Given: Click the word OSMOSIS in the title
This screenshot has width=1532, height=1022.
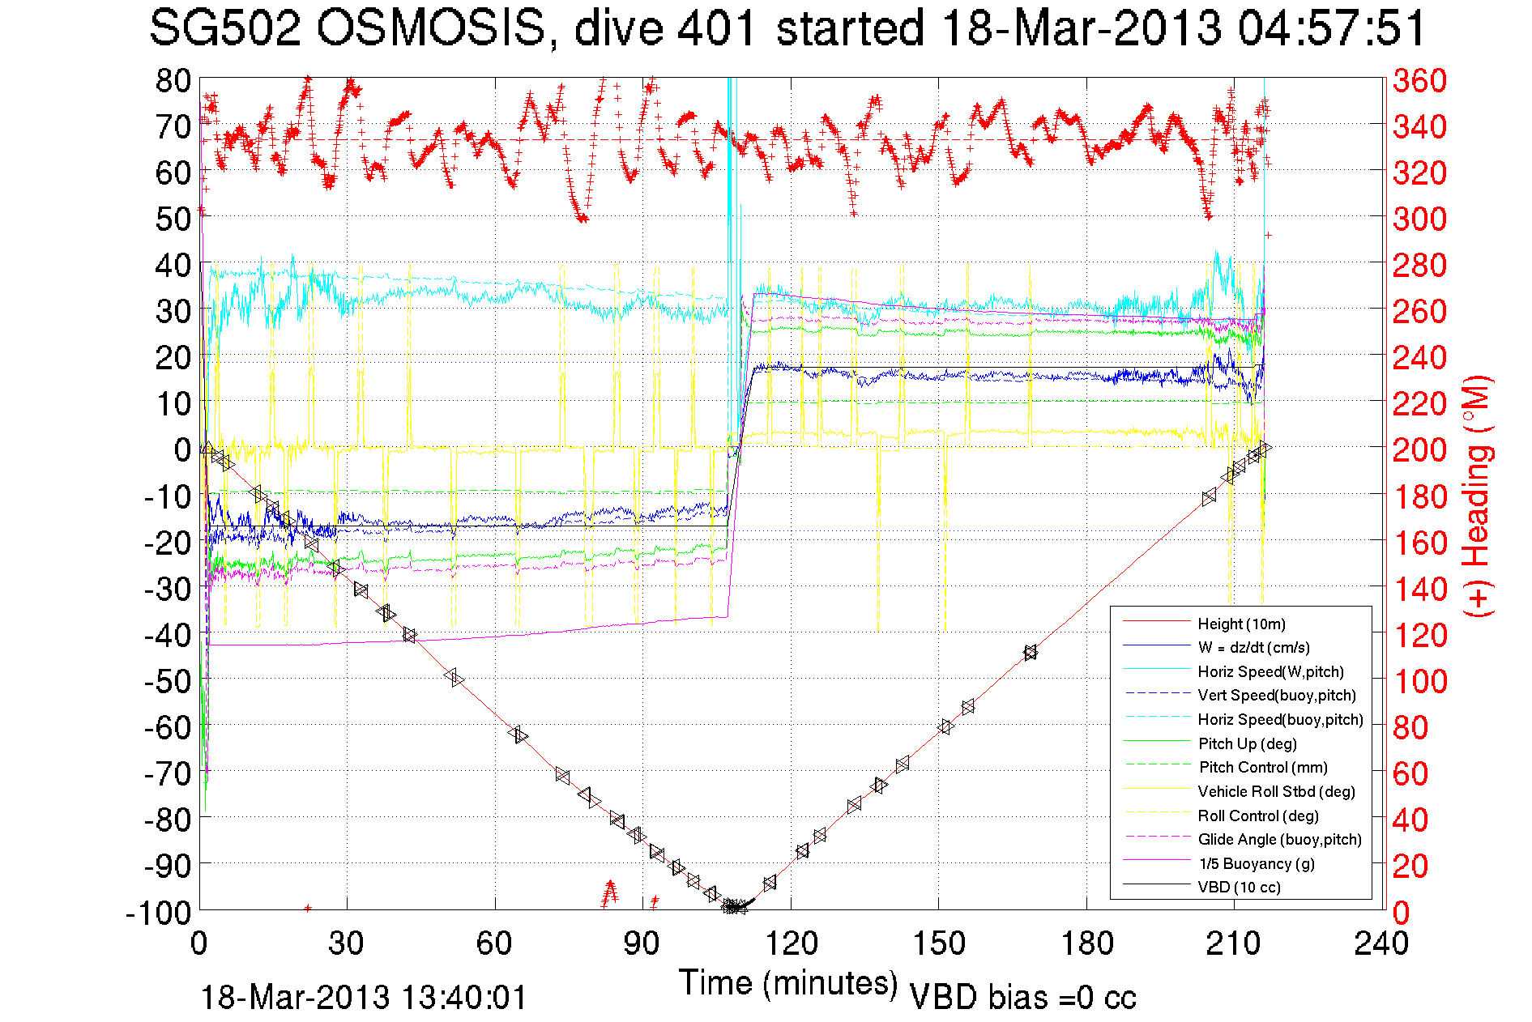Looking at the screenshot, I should click(x=430, y=29).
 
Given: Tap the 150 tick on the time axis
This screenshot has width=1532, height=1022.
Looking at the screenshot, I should click(x=939, y=943).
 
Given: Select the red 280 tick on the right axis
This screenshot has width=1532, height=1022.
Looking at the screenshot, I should click(x=1419, y=265).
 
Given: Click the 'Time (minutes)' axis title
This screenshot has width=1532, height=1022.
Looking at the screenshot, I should click(x=788, y=983).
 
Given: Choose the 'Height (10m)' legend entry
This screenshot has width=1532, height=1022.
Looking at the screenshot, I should click(x=1241, y=624).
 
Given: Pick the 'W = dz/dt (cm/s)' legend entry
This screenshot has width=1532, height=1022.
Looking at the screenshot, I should click(x=1253, y=647).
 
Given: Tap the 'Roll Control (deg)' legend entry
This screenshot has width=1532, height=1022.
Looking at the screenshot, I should click(x=1258, y=815).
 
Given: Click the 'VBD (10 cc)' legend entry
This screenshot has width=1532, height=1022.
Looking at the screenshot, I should click(x=1239, y=887).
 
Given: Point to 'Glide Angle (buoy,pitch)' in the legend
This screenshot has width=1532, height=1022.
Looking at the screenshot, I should click(x=1279, y=839).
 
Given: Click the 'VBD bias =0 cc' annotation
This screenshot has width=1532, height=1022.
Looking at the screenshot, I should click(x=1022, y=998).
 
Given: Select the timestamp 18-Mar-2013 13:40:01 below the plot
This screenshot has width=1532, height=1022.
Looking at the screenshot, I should click(x=364, y=998).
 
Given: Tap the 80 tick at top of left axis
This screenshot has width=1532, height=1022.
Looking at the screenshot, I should click(x=173, y=80).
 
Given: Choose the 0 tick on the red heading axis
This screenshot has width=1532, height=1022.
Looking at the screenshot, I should click(x=1402, y=913).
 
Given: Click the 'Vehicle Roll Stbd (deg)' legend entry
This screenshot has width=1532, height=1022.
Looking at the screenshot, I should click(x=1276, y=791).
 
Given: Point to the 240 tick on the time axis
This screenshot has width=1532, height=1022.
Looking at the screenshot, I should click(x=1381, y=943).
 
